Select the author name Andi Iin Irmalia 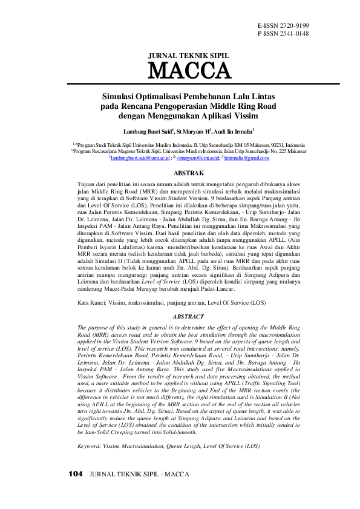232,131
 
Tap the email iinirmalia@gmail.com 245,158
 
